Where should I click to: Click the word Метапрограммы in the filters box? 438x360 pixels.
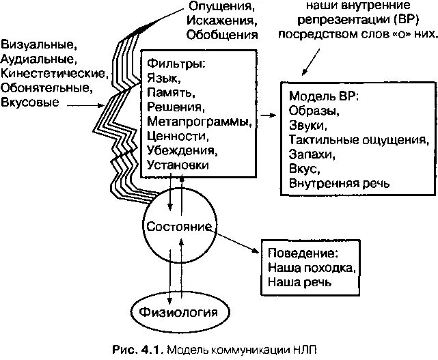click(x=198, y=122)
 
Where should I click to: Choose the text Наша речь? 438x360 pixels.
click(x=296, y=281)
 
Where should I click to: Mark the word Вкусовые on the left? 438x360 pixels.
click(x=29, y=102)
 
